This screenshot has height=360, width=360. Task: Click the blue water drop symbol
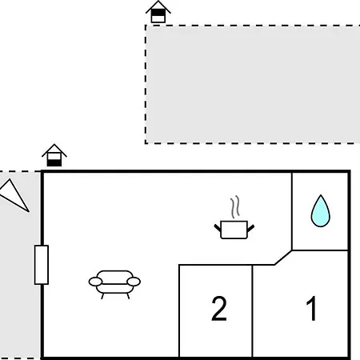[x=321, y=212]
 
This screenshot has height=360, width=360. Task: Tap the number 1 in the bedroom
[x=312, y=308]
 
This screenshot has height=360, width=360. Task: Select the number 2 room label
[x=219, y=309]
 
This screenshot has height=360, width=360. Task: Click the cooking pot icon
[x=234, y=230]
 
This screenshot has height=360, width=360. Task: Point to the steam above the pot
[x=235, y=207]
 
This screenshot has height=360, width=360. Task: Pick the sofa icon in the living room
[x=114, y=284]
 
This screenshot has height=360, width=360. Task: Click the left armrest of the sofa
[x=95, y=282]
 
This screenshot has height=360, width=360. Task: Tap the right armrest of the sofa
[x=134, y=282]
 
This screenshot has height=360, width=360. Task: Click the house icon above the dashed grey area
[x=158, y=12]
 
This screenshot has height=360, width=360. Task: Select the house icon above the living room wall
[x=54, y=155]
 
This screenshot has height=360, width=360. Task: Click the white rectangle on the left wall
[x=42, y=265]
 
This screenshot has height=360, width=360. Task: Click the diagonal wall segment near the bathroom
[x=283, y=258]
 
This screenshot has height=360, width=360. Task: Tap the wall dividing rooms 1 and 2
[x=252, y=311]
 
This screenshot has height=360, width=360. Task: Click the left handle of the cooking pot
[x=218, y=228]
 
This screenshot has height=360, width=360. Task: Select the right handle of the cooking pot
[x=250, y=228]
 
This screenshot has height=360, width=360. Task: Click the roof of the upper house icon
[x=158, y=6]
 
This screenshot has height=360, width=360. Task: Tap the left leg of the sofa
[x=102, y=296]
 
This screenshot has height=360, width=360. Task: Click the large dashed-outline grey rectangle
[x=253, y=85]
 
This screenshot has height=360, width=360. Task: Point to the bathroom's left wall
[x=292, y=211]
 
